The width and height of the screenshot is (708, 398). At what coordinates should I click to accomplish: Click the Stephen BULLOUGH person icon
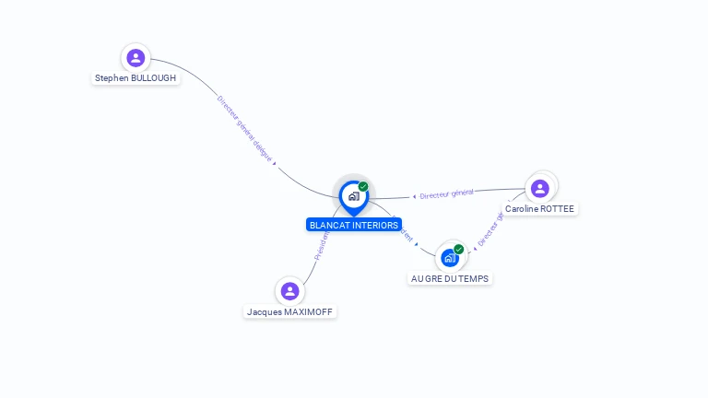(x=136, y=58)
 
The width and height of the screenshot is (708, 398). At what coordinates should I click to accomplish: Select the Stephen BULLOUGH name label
(x=136, y=78)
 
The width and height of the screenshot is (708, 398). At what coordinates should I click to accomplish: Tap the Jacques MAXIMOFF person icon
(x=289, y=291)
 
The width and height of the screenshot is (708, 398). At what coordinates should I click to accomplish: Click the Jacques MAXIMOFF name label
(x=289, y=312)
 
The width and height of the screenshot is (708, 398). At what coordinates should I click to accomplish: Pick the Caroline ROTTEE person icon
(x=540, y=188)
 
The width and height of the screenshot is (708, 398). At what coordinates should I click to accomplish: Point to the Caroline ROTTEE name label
(x=539, y=209)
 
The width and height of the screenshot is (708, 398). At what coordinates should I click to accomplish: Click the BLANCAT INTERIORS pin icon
(x=353, y=196)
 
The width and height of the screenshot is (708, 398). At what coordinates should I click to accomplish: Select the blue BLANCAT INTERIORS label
(x=354, y=225)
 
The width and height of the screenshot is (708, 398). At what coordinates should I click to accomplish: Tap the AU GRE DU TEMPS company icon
(x=449, y=258)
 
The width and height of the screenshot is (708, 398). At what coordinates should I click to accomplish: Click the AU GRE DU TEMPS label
(x=451, y=278)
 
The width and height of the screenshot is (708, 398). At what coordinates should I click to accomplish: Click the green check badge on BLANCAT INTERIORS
(x=363, y=187)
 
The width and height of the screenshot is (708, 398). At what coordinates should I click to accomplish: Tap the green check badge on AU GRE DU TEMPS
(x=458, y=249)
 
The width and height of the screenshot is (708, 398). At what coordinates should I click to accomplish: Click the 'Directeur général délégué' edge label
(x=244, y=128)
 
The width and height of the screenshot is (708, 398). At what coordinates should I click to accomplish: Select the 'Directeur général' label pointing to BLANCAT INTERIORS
(x=447, y=193)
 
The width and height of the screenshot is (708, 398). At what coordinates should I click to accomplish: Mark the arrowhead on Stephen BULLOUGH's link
(x=274, y=164)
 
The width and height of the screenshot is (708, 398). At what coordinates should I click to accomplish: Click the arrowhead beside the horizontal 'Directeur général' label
(x=414, y=196)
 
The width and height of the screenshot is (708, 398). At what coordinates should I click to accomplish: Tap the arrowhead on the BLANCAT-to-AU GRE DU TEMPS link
(x=417, y=244)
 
